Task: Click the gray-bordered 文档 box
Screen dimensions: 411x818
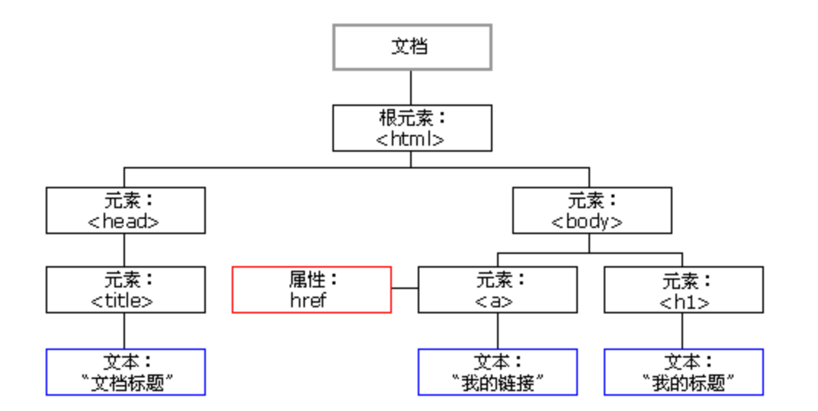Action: [x=412, y=47]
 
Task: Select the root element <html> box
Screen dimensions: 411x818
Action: [x=412, y=127]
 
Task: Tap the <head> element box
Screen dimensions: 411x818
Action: [x=125, y=210]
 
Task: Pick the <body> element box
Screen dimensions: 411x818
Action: [x=592, y=210]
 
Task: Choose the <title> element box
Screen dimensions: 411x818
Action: [x=125, y=289]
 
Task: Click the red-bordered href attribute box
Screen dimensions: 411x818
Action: [x=312, y=289]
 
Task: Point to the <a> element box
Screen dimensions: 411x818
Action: [x=497, y=289]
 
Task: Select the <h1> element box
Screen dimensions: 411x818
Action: [x=683, y=289]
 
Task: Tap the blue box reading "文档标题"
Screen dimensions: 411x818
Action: [x=125, y=372]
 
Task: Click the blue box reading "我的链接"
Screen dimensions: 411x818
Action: [x=497, y=372]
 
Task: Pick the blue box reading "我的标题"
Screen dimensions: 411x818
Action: [x=683, y=372]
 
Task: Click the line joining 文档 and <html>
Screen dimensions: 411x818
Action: [x=412, y=87]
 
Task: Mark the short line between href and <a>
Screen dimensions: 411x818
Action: [x=404, y=288]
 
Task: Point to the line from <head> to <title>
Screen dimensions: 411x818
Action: [x=124, y=249]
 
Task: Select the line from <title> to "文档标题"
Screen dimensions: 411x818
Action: [x=124, y=330]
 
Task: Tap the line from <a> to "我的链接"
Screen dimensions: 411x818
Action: [x=498, y=330]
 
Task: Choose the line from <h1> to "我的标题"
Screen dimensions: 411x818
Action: [x=682, y=330]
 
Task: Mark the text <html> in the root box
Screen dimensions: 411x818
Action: [x=411, y=139]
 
